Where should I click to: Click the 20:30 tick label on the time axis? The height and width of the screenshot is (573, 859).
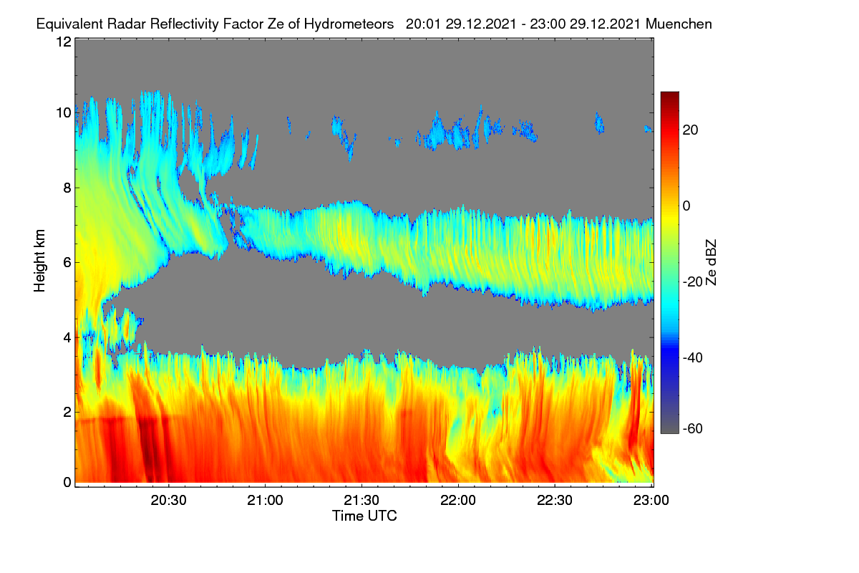(168, 501)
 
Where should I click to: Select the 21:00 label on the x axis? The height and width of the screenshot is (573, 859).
(265, 501)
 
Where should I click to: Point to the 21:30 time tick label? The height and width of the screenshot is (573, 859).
(361, 501)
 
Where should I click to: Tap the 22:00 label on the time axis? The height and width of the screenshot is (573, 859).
(458, 501)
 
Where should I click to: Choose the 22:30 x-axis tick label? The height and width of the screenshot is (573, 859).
(555, 501)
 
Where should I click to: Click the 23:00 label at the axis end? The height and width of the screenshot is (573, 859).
(651, 501)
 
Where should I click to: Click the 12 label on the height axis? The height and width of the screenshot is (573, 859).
(64, 42)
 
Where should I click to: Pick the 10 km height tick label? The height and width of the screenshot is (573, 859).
(64, 113)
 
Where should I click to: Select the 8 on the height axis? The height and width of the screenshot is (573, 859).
(67, 188)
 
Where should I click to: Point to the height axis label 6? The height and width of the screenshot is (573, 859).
(67, 263)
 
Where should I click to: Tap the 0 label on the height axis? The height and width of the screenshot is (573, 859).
(67, 483)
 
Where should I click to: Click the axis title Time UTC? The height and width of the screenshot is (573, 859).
(364, 516)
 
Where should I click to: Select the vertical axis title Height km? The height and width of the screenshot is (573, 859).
(39, 261)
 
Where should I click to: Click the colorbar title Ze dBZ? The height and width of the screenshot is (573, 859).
(711, 263)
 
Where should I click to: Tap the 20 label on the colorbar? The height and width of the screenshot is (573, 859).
(690, 130)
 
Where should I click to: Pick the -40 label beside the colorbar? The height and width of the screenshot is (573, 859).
(693, 357)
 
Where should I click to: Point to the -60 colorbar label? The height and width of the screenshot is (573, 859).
(693, 428)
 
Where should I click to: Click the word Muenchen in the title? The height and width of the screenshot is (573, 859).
(679, 24)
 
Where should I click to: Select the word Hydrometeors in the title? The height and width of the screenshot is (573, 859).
(349, 24)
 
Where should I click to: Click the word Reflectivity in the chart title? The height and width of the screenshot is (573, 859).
(183, 24)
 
